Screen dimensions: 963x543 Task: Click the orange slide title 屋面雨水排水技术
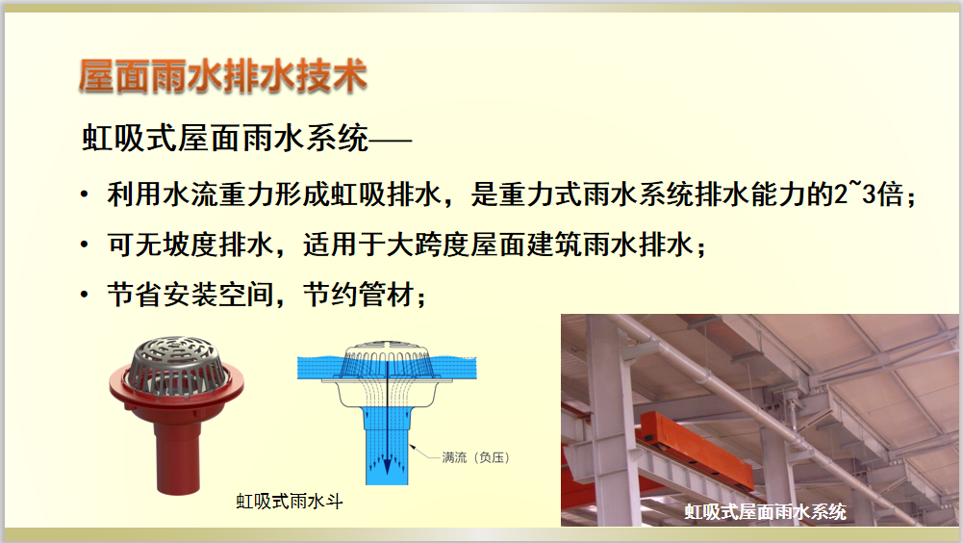point(223,76)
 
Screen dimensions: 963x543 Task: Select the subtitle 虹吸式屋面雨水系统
point(225,138)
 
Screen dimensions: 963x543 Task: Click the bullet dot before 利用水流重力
point(85,195)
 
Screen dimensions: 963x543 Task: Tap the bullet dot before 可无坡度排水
point(85,245)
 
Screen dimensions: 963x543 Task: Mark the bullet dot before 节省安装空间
point(85,295)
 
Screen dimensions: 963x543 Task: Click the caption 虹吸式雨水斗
point(290,502)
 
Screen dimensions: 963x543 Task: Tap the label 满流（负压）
point(476,457)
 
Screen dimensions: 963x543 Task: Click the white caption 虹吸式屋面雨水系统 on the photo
point(765,511)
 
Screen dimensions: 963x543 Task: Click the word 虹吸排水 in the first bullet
point(387,194)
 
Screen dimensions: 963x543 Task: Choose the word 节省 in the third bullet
point(135,295)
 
